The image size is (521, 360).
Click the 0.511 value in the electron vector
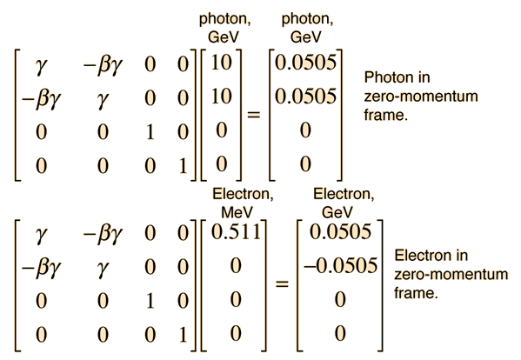point(236,232)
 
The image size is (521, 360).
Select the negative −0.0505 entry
point(341,265)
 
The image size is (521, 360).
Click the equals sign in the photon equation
point(253,115)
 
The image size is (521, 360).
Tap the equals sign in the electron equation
point(282,283)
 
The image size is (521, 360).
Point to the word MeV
point(237,212)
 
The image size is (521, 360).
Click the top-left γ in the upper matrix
point(41,65)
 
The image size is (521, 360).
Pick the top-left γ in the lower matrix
point(41,235)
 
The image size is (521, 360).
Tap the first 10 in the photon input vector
point(221,62)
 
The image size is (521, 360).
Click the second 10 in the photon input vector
point(221,97)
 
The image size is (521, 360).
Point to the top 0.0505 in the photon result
point(305,62)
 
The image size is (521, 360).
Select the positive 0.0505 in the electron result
point(340,231)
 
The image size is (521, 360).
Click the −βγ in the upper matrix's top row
point(103,65)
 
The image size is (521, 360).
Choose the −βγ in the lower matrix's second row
point(41,269)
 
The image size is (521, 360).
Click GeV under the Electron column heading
point(337,212)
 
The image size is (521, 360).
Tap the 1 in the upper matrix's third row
point(150,132)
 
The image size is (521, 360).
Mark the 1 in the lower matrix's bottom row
point(183,334)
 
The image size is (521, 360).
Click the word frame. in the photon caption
point(386,115)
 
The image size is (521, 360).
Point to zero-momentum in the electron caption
point(451,274)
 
